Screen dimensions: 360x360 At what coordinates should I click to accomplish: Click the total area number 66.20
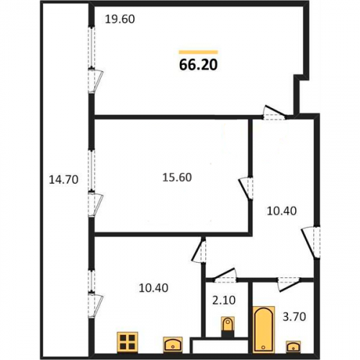click(x=199, y=65)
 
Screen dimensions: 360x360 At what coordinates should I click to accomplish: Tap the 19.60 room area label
click(x=120, y=19)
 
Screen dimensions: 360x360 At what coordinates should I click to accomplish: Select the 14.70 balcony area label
click(x=63, y=179)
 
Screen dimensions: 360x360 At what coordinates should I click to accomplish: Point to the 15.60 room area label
click(x=177, y=177)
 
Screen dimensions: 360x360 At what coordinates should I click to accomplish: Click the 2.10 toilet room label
click(x=224, y=300)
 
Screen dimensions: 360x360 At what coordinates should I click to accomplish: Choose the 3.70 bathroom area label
click(x=294, y=317)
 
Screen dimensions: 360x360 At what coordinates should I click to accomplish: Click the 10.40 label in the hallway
click(x=282, y=211)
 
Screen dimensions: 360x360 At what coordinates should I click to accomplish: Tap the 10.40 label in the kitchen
click(x=153, y=288)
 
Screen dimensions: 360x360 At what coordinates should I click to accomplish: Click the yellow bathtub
click(x=264, y=330)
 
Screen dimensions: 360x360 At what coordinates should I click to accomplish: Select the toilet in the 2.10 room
click(x=228, y=327)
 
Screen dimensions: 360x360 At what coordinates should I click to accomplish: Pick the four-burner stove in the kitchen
click(x=127, y=343)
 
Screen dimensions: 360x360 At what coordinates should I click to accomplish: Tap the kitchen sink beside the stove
click(x=173, y=345)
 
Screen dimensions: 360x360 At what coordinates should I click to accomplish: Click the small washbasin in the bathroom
click(x=293, y=347)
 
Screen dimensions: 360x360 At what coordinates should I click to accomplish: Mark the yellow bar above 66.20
click(x=198, y=52)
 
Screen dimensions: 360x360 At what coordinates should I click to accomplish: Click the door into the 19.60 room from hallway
click(x=274, y=113)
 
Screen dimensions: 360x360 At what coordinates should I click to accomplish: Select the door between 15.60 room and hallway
click(x=246, y=189)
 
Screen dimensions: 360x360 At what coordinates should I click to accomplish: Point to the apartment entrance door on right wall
click(x=311, y=243)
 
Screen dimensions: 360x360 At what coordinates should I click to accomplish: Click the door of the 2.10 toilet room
click(x=225, y=275)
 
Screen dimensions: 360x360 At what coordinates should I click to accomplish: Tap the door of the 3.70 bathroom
click(x=289, y=284)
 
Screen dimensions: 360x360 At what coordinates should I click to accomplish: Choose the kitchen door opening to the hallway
click(x=199, y=250)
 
